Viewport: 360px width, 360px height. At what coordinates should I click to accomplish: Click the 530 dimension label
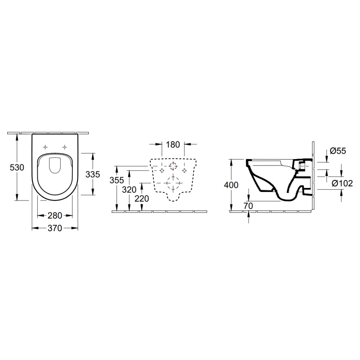click(x=17, y=167)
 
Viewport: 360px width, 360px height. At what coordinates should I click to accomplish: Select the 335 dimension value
click(x=93, y=175)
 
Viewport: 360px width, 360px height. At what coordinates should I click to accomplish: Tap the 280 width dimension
click(x=55, y=216)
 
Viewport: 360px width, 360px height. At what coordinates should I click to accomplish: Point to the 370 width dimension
click(x=55, y=228)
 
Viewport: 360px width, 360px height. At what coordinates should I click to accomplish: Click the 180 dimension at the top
click(x=173, y=145)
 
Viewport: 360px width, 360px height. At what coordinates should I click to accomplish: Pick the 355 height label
click(x=117, y=180)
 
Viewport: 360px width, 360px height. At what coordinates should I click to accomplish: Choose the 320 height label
click(x=129, y=190)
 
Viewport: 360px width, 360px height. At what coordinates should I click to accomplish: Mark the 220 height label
click(x=141, y=199)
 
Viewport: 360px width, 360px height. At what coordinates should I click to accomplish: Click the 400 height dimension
click(x=231, y=185)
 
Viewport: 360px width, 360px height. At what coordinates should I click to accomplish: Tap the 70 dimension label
click(x=248, y=206)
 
